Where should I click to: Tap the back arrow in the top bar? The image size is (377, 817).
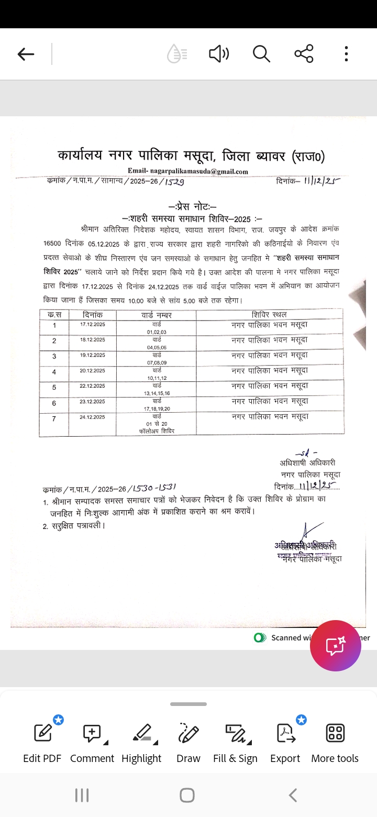[x=26, y=54]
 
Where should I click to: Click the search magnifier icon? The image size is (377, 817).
[x=261, y=53]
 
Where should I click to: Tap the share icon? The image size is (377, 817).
[x=304, y=53]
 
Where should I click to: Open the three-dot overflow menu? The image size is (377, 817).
[x=346, y=53]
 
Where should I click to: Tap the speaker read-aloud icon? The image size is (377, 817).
[x=219, y=53]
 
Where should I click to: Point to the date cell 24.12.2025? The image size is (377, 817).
[x=93, y=417]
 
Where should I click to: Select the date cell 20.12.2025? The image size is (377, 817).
[x=93, y=370]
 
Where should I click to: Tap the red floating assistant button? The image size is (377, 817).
[x=335, y=646]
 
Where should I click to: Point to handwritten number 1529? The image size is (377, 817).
[x=174, y=182]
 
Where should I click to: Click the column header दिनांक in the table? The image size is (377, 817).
[x=93, y=315]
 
